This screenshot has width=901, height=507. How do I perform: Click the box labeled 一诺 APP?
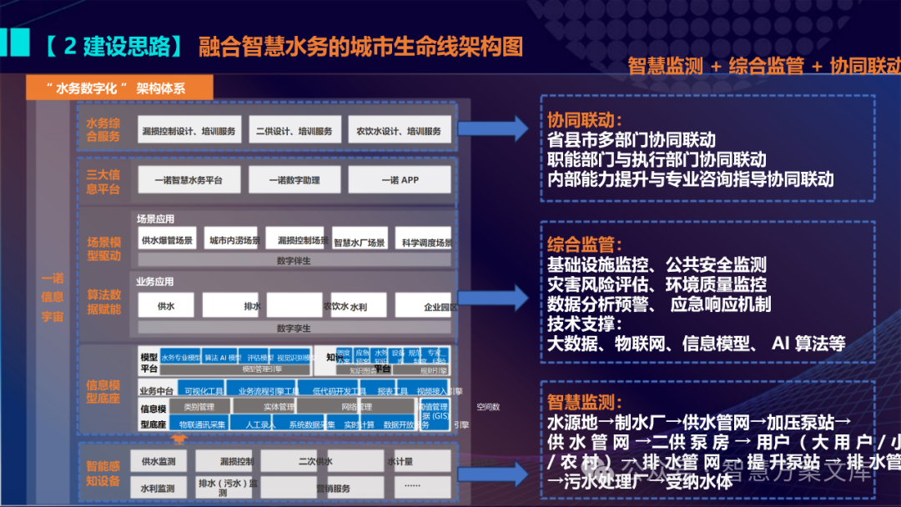[400, 180]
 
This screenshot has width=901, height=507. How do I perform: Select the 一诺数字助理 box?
[294, 180]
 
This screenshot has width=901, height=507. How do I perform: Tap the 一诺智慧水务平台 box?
[189, 180]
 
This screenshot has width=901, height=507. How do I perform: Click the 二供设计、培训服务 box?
[294, 131]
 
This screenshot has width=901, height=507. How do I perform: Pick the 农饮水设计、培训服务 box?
[399, 131]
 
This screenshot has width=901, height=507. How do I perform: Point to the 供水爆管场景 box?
[167, 240]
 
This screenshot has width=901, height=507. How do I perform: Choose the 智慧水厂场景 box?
[360, 242]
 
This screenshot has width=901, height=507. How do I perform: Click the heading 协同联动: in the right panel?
[584, 120]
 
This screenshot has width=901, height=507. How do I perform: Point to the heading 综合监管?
[584, 245]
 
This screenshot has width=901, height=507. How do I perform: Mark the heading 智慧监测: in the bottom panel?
[584, 402]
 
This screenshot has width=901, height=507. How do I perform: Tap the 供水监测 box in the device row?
[159, 461]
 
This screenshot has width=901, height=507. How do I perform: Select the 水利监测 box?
[159, 488]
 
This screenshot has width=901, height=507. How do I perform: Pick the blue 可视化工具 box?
[204, 390]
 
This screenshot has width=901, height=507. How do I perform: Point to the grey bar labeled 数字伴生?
[294, 260]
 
